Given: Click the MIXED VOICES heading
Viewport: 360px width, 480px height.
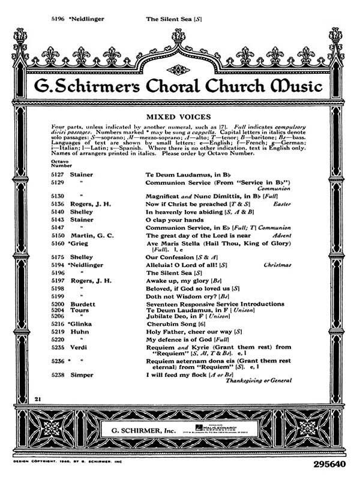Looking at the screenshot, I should click(x=180, y=112).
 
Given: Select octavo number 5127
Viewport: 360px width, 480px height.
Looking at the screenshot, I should click(x=58, y=173).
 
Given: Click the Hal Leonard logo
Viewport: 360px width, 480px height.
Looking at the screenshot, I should click(x=236, y=430).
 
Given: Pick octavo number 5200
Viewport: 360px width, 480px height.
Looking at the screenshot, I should click(x=58, y=304).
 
